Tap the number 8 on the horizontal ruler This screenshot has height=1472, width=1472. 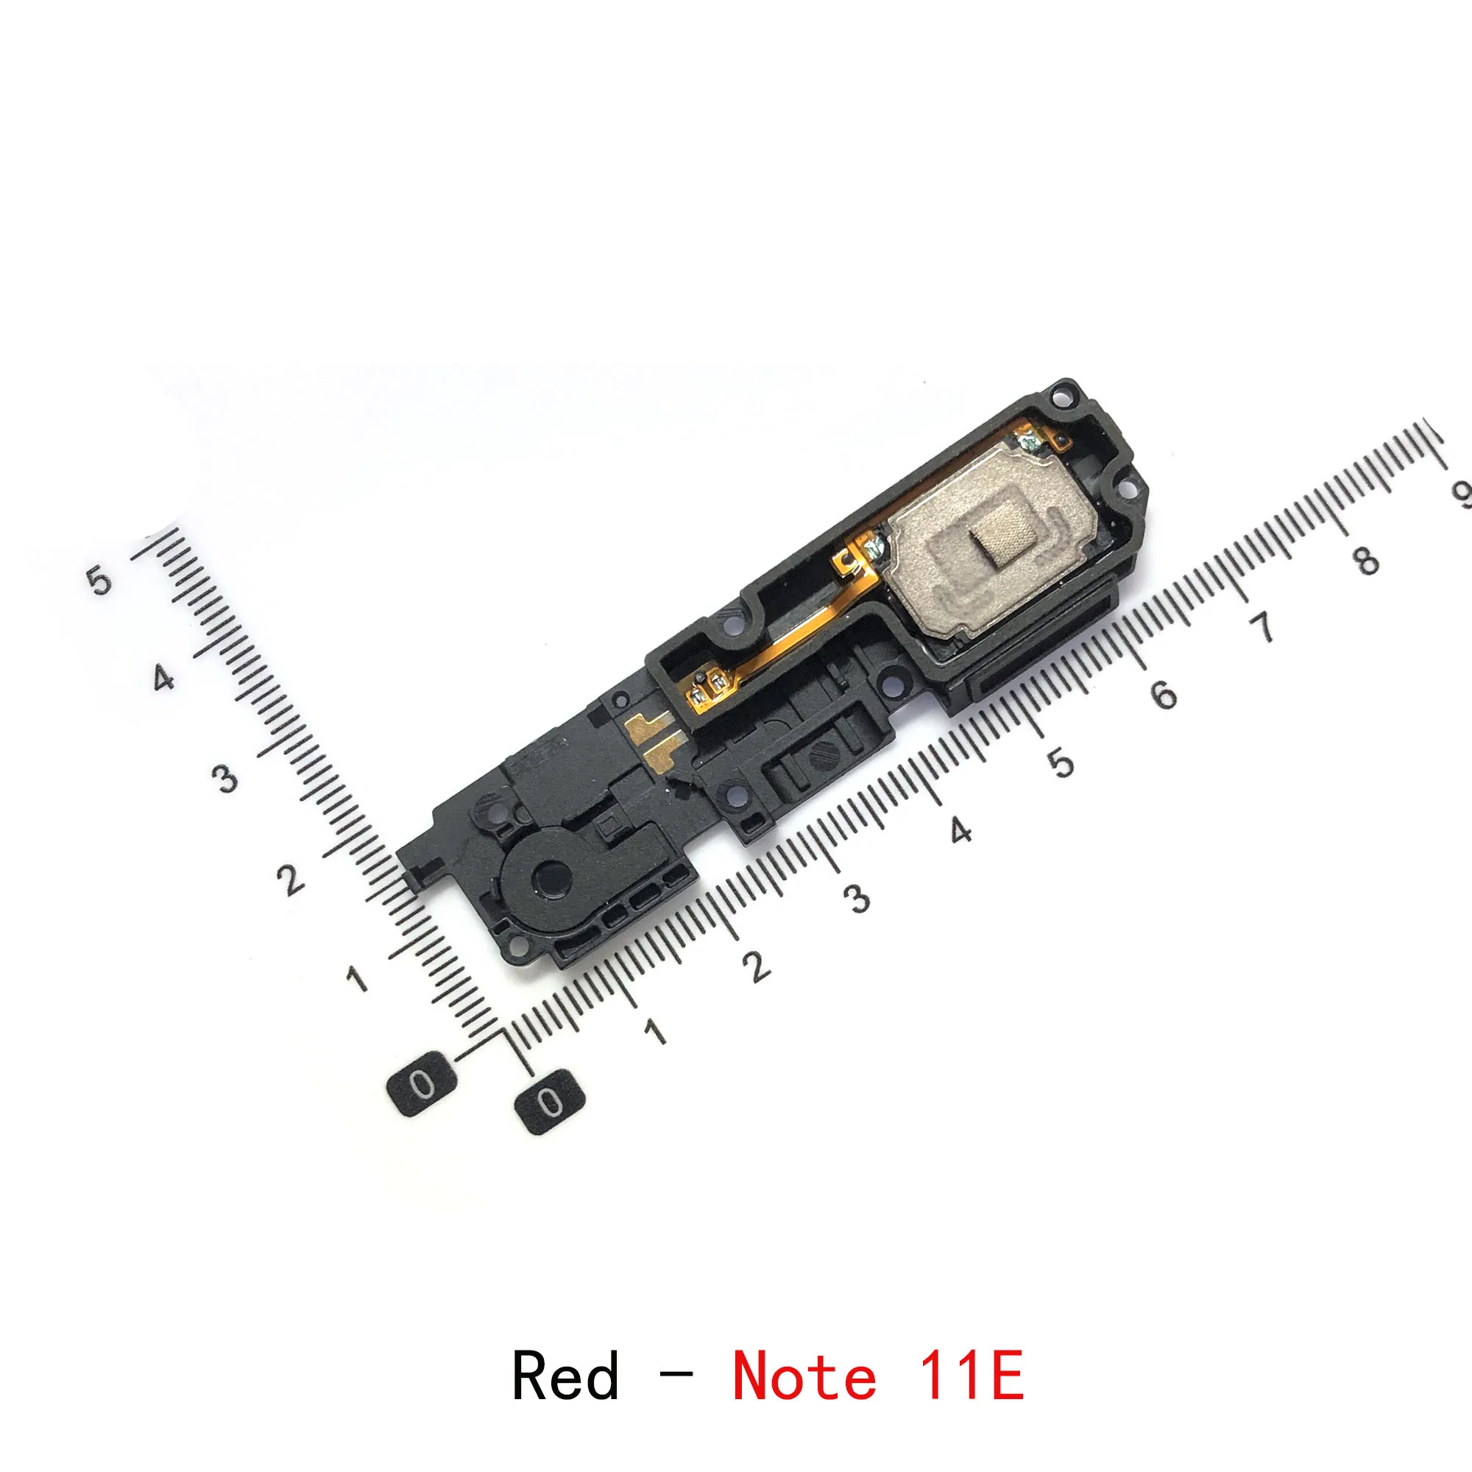tap(1367, 560)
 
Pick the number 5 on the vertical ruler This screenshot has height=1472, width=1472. tap(99, 581)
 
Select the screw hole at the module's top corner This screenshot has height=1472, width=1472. tap(1058, 397)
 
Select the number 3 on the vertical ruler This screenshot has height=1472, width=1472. tap(225, 779)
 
